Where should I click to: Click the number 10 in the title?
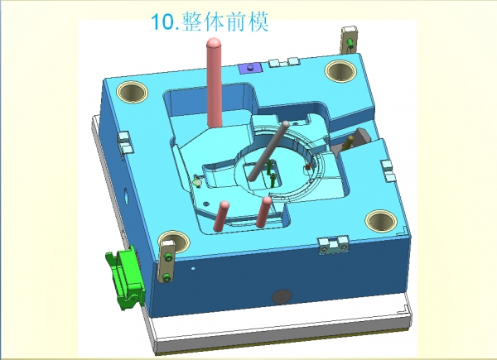pyautogui.click(x=162, y=22)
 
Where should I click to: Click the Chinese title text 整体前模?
pyautogui.click(x=225, y=22)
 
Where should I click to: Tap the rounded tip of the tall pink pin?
pyautogui.click(x=214, y=43)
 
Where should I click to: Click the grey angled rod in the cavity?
pyautogui.click(x=268, y=151)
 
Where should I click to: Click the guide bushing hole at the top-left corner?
pyautogui.click(x=133, y=92)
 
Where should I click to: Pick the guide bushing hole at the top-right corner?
pyautogui.click(x=340, y=71)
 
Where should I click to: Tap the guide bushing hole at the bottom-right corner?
pyautogui.click(x=381, y=220)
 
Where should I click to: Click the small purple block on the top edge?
pyautogui.click(x=249, y=68)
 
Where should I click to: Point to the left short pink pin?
pyautogui.click(x=221, y=216)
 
